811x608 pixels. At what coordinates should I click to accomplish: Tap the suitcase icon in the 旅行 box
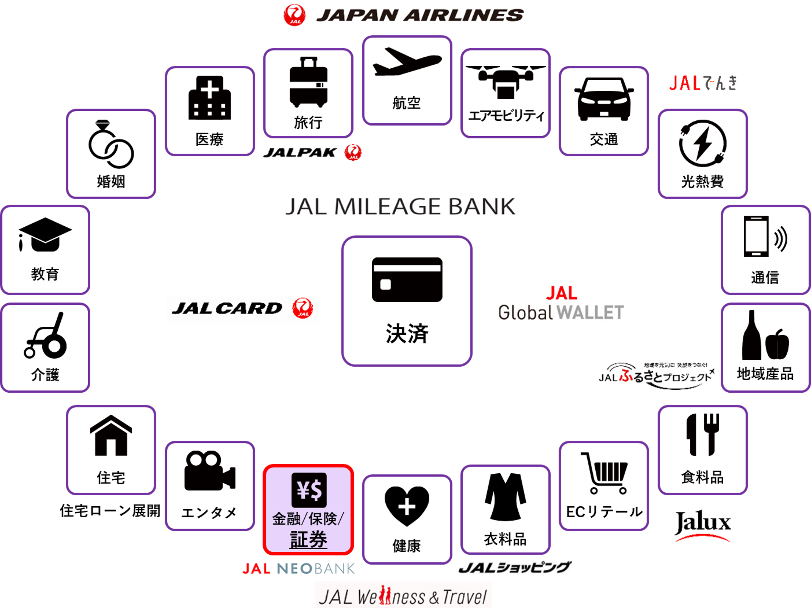(308, 82)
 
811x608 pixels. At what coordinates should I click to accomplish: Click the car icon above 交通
(604, 99)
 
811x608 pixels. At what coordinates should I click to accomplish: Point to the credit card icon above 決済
(407, 279)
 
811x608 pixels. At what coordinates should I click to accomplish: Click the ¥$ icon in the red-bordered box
(309, 490)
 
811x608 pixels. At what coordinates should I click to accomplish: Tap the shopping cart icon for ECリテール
(604, 473)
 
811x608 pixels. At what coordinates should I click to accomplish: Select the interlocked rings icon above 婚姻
(111, 145)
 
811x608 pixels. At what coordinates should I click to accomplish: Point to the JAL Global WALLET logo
(561, 304)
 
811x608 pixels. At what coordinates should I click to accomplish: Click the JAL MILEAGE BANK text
(400, 206)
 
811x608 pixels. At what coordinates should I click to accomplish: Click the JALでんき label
(703, 83)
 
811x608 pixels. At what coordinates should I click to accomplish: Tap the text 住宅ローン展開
(110, 510)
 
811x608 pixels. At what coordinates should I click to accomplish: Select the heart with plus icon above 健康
(407, 505)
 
